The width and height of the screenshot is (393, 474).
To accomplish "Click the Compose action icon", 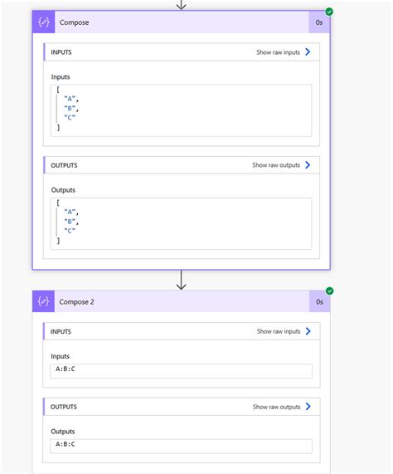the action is [44, 22].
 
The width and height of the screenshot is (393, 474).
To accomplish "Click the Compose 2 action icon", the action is [43, 301].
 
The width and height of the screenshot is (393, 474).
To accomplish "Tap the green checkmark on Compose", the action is [329, 12].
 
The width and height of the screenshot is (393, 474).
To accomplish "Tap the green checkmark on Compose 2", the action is [330, 291].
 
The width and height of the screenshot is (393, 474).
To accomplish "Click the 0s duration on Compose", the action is [319, 22].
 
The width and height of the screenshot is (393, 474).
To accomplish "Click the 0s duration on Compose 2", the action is [319, 301].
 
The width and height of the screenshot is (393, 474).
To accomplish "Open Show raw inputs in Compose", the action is [283, 52].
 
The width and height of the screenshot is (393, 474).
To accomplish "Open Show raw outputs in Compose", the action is [281, 165].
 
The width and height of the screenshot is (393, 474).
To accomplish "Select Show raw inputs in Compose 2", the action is [284, 331].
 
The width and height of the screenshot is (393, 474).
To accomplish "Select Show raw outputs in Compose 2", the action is [281, 407].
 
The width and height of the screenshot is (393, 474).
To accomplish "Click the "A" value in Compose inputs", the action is [70, 99].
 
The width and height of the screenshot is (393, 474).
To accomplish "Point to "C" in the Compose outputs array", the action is [70, 231].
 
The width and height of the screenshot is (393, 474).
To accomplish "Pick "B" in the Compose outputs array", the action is [70, 222].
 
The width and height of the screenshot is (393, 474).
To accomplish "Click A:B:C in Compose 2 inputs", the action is [65, 369].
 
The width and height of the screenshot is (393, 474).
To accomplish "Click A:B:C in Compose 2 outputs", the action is [65, 444].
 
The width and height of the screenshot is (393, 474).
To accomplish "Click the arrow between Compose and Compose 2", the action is [181, 280].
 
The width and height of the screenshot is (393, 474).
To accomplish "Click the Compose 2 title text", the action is [76, 301].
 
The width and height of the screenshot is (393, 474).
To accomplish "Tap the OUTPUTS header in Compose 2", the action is [64, 407].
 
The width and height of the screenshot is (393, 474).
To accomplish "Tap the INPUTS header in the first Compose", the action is [61, 52].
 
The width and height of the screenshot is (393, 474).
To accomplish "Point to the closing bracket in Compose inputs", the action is [58, 128].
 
